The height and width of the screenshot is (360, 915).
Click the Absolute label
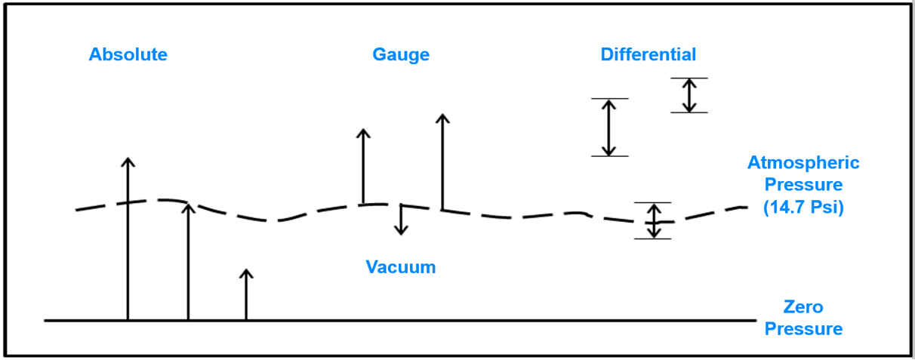[128, 54]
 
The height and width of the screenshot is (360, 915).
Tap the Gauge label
[401, 54]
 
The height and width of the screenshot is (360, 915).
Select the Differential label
[648, 54]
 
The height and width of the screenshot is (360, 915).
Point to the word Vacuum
[401, 266]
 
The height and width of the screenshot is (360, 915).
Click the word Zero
[803, 307]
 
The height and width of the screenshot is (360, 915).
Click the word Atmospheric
[803, 162]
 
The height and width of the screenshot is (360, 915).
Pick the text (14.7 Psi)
[803, 206]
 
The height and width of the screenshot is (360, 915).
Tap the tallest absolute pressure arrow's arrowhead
[128, 162]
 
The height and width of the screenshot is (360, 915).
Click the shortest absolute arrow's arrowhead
[245, 272]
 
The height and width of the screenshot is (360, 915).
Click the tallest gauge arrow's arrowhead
[442, 118]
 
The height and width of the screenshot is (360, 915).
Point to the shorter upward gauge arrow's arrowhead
[363, 134]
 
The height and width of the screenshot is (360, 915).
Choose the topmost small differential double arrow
[689, 95]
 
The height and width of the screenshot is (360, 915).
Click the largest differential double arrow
[609, 127]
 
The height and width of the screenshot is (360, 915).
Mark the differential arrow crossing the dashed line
[653, 220]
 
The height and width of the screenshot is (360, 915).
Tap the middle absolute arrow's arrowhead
[188, 205]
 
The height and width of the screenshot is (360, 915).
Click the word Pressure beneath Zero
[803, 329]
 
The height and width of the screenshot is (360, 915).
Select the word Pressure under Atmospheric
[803, 184]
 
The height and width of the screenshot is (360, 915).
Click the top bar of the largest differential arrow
[609, 98]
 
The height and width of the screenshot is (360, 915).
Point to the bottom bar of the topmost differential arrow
[689, 112]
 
